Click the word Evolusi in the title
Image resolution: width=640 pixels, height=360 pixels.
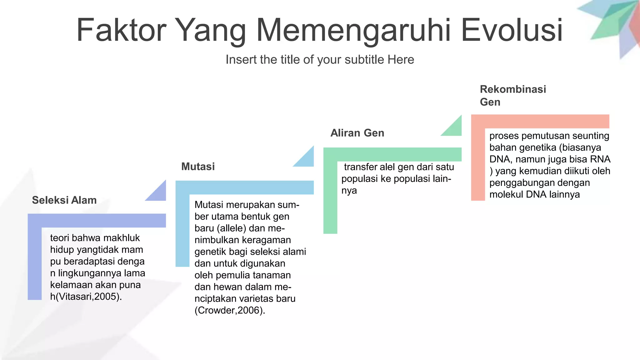pyautogui.click(x=512, y=30)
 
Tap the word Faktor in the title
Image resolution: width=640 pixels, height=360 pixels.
pyautogui.click(x=121, y=30)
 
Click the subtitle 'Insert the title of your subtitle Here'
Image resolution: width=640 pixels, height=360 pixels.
pyautogui.click(x=320, y=60)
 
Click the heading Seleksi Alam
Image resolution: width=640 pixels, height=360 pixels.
pyautogui.click(x=64, y=200)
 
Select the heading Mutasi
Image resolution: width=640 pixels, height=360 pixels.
pyautogui.click(x=198, y=167)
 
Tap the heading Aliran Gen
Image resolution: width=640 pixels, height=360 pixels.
pyautogui.click(x=357, y=133)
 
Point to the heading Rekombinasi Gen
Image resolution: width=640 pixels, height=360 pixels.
pyautogui.click(x=513, y=95)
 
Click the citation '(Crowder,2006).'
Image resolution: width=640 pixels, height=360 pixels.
pyautogui.click(x=230, y=310)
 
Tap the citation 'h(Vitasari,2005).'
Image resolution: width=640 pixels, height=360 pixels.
pyautogui.click(x=86, y=296)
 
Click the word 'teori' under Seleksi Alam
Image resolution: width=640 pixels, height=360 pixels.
pyautogui.click(x=59, y=238)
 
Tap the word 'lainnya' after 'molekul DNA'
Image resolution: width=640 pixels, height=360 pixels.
pyautogui.click(x=565, y=194)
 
